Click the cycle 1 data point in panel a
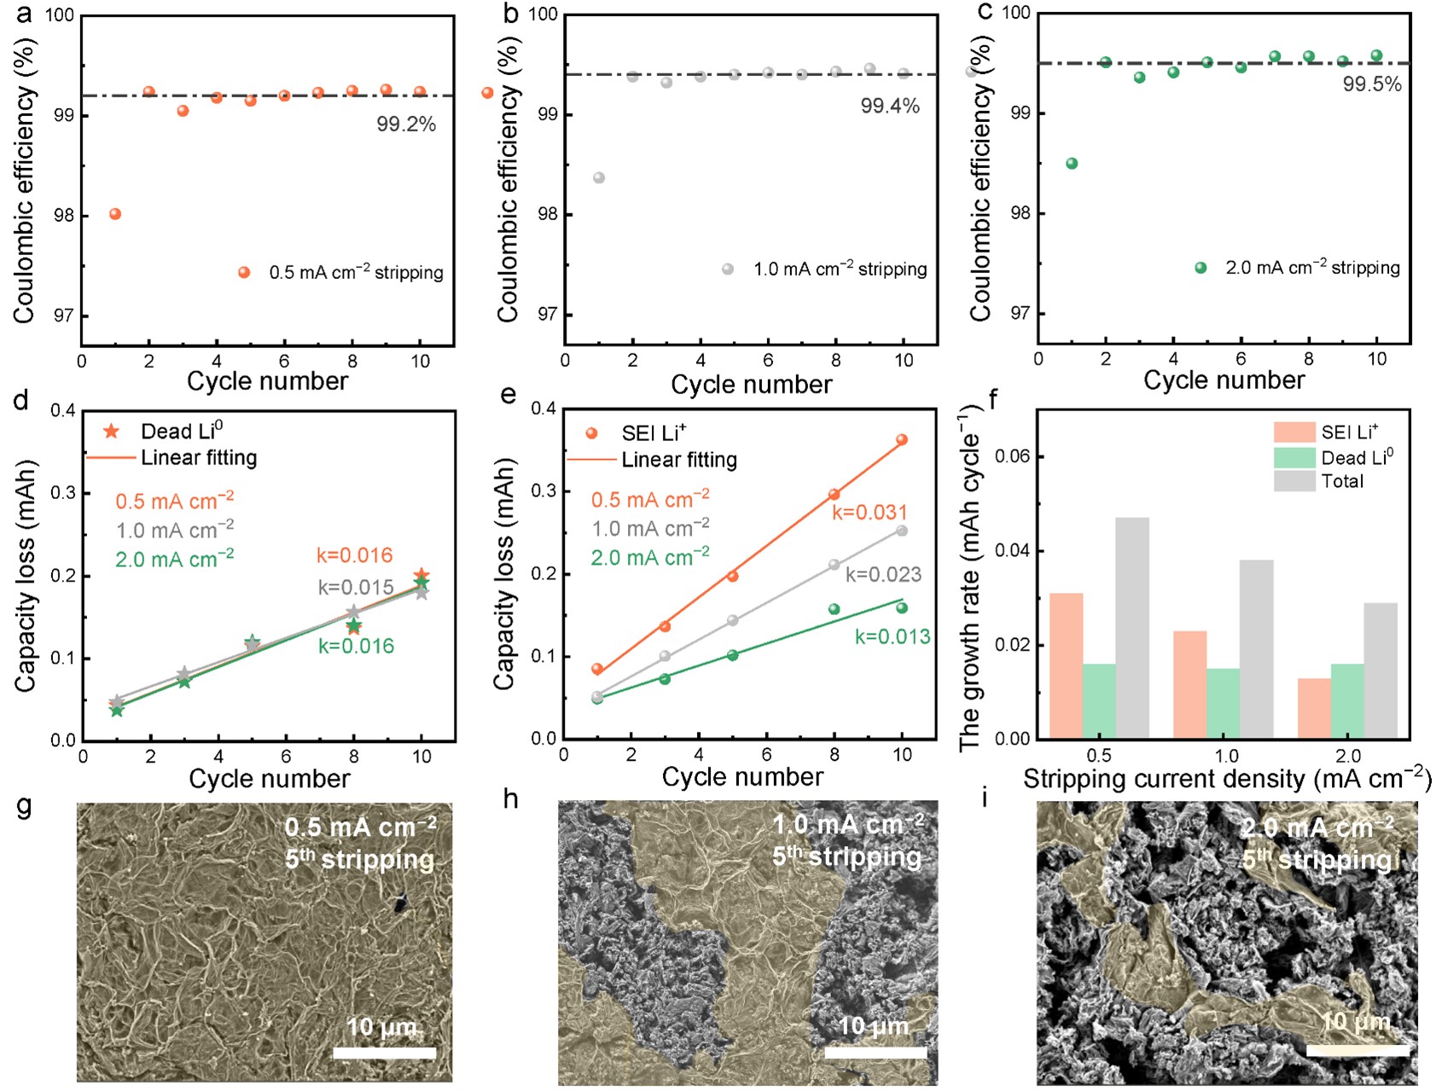pyautogui.click(x=115, y=214)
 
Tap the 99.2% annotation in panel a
pyautogui.click(x=406, y=125)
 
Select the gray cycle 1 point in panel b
pyautogui.click(x=599, y=178)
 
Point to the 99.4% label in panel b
pyautogui.click(x=890, y=107)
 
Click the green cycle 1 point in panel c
pyautogui.click(x=1072, y=164)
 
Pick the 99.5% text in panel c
pyautogui.click(x=1372, y=84)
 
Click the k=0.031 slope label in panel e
pyautogui.click(x=869, y=513)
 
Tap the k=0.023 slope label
pyautogui.click(x=883, y=575)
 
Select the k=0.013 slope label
pyautogui.click(x=892, y=637)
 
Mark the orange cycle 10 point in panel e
pyautogui.click(x=902, y=440)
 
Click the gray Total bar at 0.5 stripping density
pyautogui.click(x=1132, y=628)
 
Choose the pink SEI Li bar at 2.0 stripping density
pyautogui.click(x=1314, y=708)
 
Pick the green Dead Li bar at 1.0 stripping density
pyautogui.click(x=1224, y=703)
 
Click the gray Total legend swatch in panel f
pyautogui.click(x=1294, y=482)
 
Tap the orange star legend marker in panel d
pyautogui.click(x=111, y=432)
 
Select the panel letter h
pyautogui.click(x=510, y=799)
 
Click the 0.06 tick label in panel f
pyautogui.click(x=1012, y=457)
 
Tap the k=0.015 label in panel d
pyautogui.click(x=356, y=588)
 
